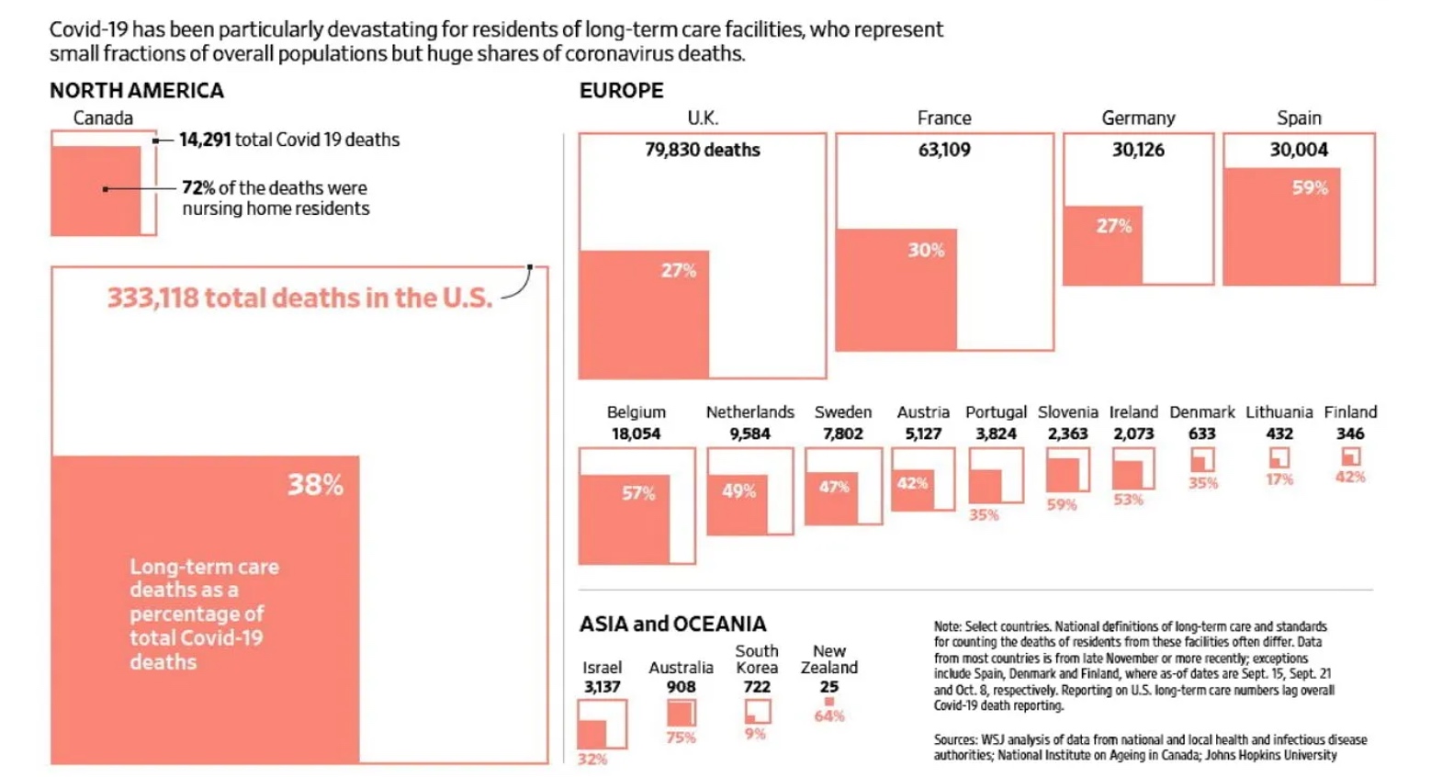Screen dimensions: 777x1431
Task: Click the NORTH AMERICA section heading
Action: pyautogui.click(x=137, y=90)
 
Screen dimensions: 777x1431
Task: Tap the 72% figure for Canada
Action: pyautogui.click(x=198, y=187)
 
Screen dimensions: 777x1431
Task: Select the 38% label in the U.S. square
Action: pyautogui.click(x=315, y=484)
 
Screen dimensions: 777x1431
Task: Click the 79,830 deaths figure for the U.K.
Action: pyautogui.click(x=702, y=150)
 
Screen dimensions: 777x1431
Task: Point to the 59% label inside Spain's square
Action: pyautogui.click(x=1310, y=187)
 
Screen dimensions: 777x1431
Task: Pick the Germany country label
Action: pyautogui.click(x=1138, y=118)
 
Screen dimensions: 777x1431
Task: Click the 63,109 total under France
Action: pyautogui.click(x=944, y=150)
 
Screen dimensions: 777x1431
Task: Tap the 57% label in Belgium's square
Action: pyautogui.click(x=638, y=493)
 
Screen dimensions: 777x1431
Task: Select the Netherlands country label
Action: pyautogui.click(x=749, y=412)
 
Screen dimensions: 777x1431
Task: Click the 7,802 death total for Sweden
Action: pyautogui.click(x=842, y=434)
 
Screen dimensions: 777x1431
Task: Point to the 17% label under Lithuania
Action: pyautogui.click(x=1279, y=479)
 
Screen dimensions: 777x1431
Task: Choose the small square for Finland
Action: pyautogui.click(x=1350, y=456)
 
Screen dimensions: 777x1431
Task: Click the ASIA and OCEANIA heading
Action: pyautogui.click(x=672, y=624)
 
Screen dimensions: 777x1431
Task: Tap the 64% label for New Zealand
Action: pyautogui.click(x=829, y=715)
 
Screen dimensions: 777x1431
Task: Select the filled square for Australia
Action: pyautogui.click(x=681, y=714)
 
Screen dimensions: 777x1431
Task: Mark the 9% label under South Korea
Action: pyautogui.click(x=755, y=733)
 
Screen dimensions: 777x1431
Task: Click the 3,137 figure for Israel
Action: pyautogui.click(x=602, y=687)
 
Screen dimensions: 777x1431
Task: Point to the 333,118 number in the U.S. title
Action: pyautogui.click(x=152, y=298)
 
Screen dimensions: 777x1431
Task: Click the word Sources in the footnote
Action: pyautogui.click(x=955, y=739)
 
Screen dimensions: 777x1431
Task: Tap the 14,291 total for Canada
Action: pyautogui.click(x=205, y=140)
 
